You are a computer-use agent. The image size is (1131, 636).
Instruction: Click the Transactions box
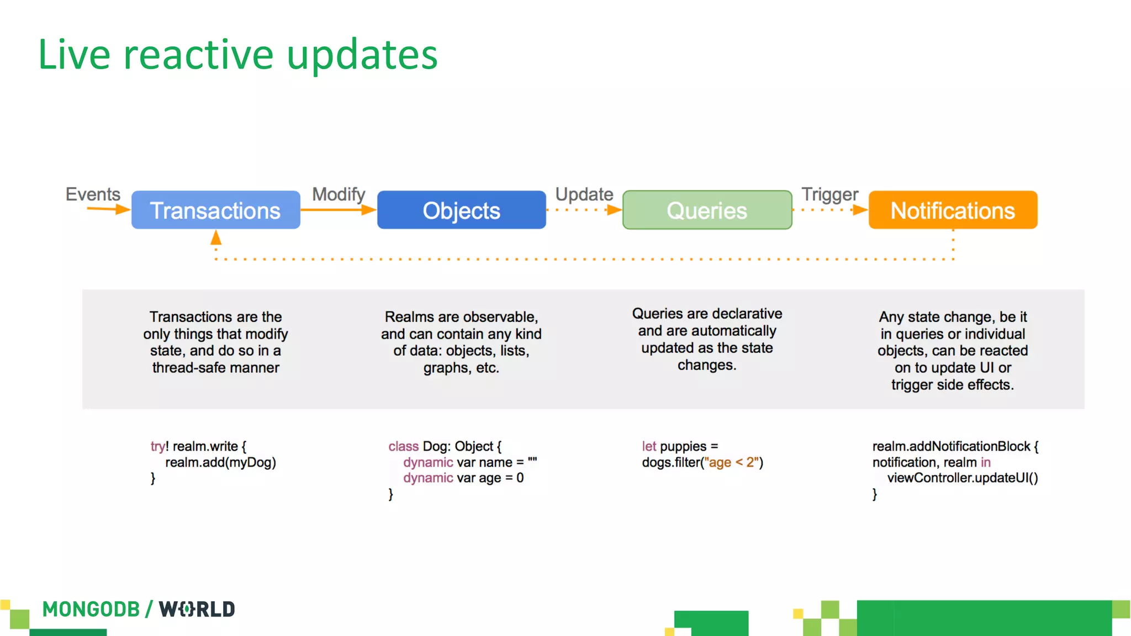point(215,210)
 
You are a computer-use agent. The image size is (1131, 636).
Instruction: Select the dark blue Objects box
point(461,210)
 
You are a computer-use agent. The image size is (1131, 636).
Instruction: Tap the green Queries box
point(707,210)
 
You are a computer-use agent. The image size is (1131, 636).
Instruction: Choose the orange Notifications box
point(953,210)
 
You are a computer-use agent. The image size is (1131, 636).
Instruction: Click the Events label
point(93,194)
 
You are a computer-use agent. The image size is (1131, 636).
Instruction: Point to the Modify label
point(339,194)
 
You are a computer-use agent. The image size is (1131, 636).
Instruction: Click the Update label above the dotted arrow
point(584,194)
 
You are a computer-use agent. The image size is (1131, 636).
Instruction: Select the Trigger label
point(829,194)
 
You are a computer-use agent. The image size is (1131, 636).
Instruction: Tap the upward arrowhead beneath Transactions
point(216,239)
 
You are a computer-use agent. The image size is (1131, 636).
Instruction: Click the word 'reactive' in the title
point(198,55)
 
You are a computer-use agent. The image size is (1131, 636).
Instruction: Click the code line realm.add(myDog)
point(220,462)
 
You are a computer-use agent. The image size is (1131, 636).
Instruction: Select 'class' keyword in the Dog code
point(403,446)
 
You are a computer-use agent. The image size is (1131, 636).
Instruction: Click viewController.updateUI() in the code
point(963,478)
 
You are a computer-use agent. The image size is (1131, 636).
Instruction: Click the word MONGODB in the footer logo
point(91,609)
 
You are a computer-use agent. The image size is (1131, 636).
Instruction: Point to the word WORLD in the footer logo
point(197,609)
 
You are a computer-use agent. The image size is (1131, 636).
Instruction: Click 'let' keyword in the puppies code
point(649,446)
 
